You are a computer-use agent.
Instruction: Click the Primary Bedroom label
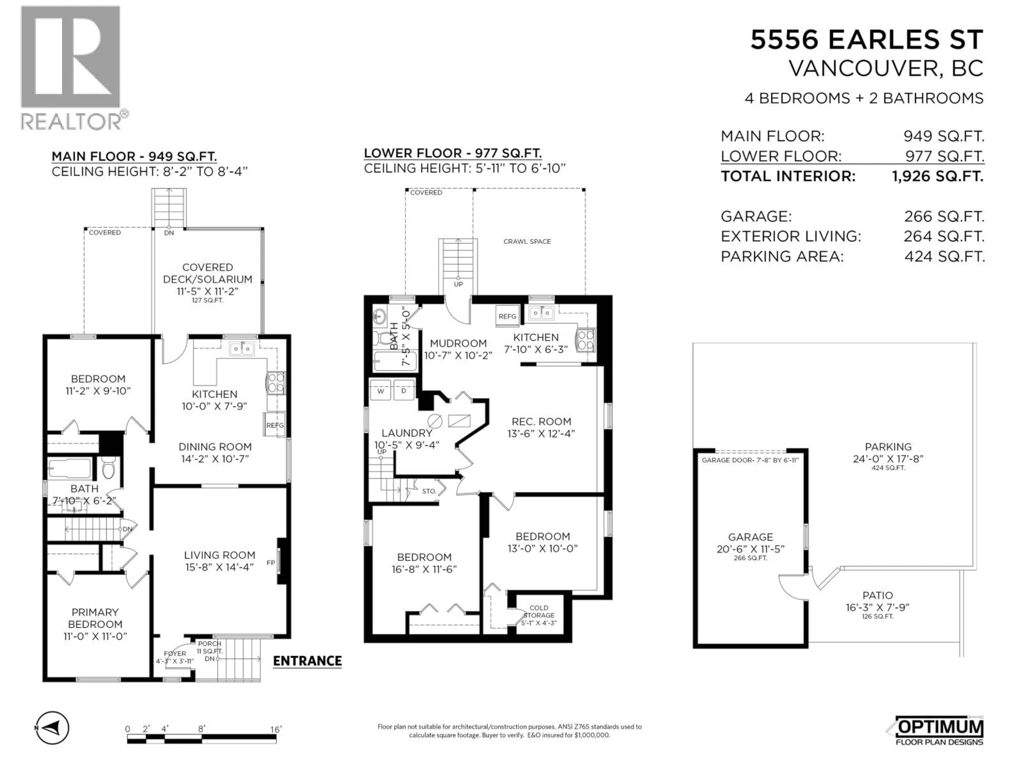tap(95, 624)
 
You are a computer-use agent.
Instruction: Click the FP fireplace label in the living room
tap(270, 563)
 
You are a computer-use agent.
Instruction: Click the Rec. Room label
tap(541, 427)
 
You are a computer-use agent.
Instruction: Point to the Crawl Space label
tap(527, 241)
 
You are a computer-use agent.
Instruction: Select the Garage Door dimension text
tap(750, 460)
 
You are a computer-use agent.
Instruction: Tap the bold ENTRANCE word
tap(307, 661)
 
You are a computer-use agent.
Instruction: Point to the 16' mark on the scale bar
tap(276, 729)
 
